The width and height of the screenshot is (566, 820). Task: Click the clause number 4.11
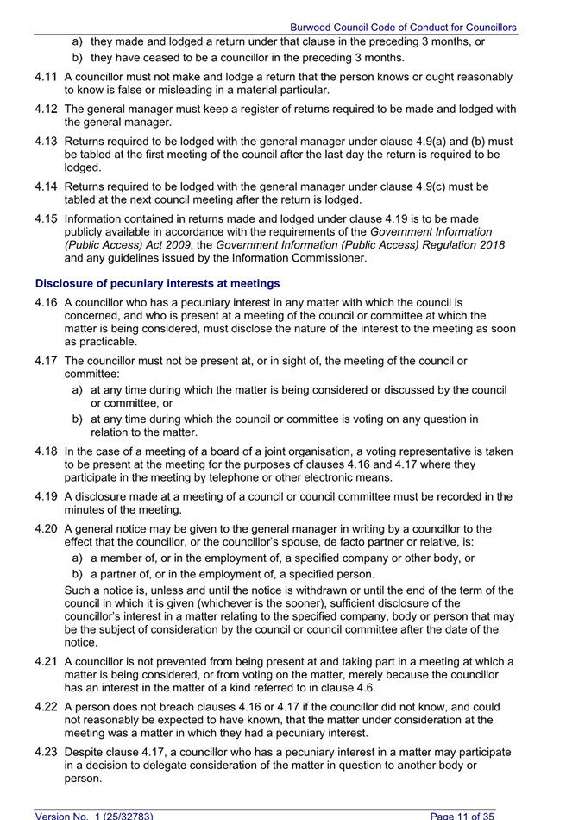pos(47,77)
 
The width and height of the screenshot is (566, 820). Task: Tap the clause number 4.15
pos(47,218)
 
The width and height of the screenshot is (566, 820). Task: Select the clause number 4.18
pos(47,451)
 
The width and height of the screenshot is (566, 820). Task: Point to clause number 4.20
pos(47,529)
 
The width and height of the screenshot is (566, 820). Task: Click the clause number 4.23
pos(47,752)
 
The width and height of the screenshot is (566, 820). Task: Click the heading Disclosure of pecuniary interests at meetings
pos(158,283)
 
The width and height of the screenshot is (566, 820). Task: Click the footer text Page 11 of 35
pos(462,815)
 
